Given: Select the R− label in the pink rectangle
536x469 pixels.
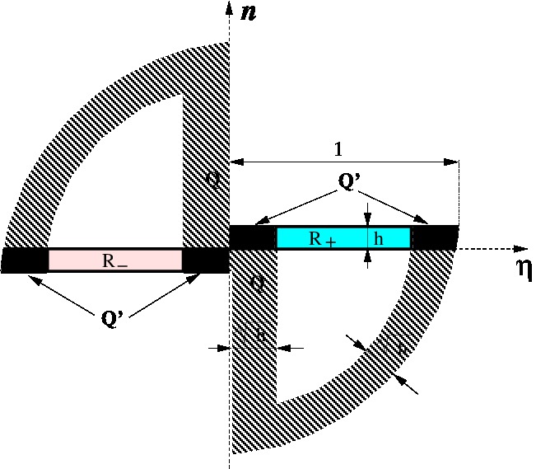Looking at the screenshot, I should [114, 261].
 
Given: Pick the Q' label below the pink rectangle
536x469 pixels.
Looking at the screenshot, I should [112, 317].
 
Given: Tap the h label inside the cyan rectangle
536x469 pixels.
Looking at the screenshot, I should [378, 239].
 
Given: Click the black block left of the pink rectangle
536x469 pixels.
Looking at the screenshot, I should [26, 260].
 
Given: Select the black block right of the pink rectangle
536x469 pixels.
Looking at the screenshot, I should [205, 260].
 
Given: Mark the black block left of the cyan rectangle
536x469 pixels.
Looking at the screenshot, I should [252, 237].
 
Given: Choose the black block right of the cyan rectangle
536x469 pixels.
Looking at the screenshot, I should [433, 237].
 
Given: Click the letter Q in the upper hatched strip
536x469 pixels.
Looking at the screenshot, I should [213, 177].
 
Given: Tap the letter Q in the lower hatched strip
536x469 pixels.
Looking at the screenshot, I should [257, 286].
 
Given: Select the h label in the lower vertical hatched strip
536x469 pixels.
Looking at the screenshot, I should [259, 335].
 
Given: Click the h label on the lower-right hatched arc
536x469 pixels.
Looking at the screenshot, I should [401, 350].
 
